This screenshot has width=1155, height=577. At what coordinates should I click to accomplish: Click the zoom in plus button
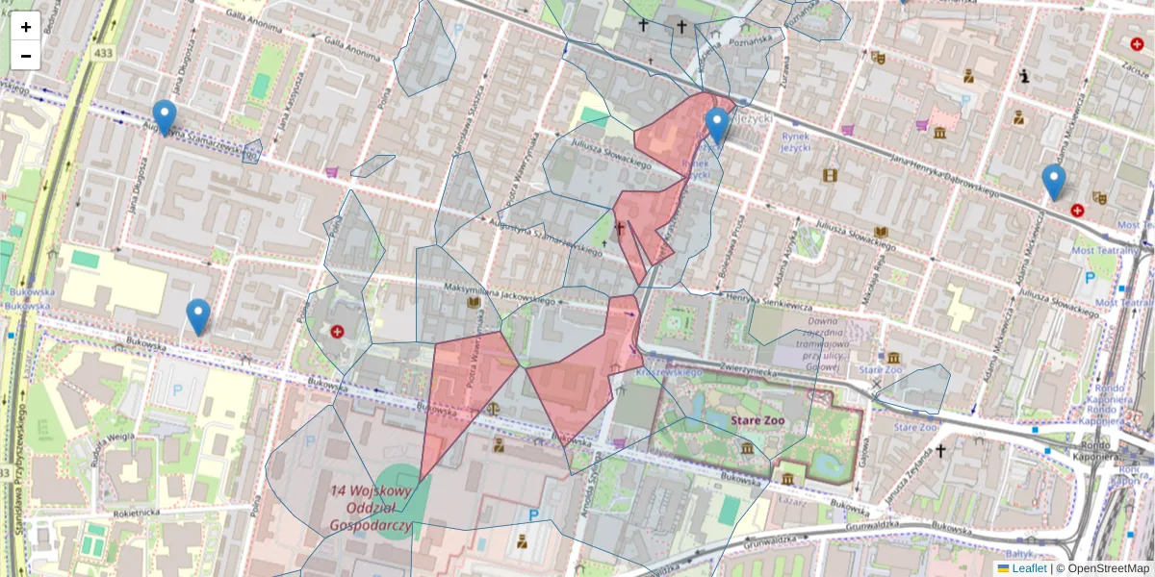pyautogui.click(x=26, y=27)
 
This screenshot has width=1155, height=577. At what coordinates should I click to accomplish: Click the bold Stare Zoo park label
pyautogui.click(x=757, y=420)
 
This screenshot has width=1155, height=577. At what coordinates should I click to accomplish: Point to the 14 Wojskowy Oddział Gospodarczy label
pyautogui.click(x=371, y=508)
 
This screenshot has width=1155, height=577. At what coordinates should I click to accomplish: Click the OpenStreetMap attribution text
pyautogui.click(x=1108, y=568)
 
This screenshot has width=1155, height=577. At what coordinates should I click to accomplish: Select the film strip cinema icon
pyautogui.click(x=830, y=175)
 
